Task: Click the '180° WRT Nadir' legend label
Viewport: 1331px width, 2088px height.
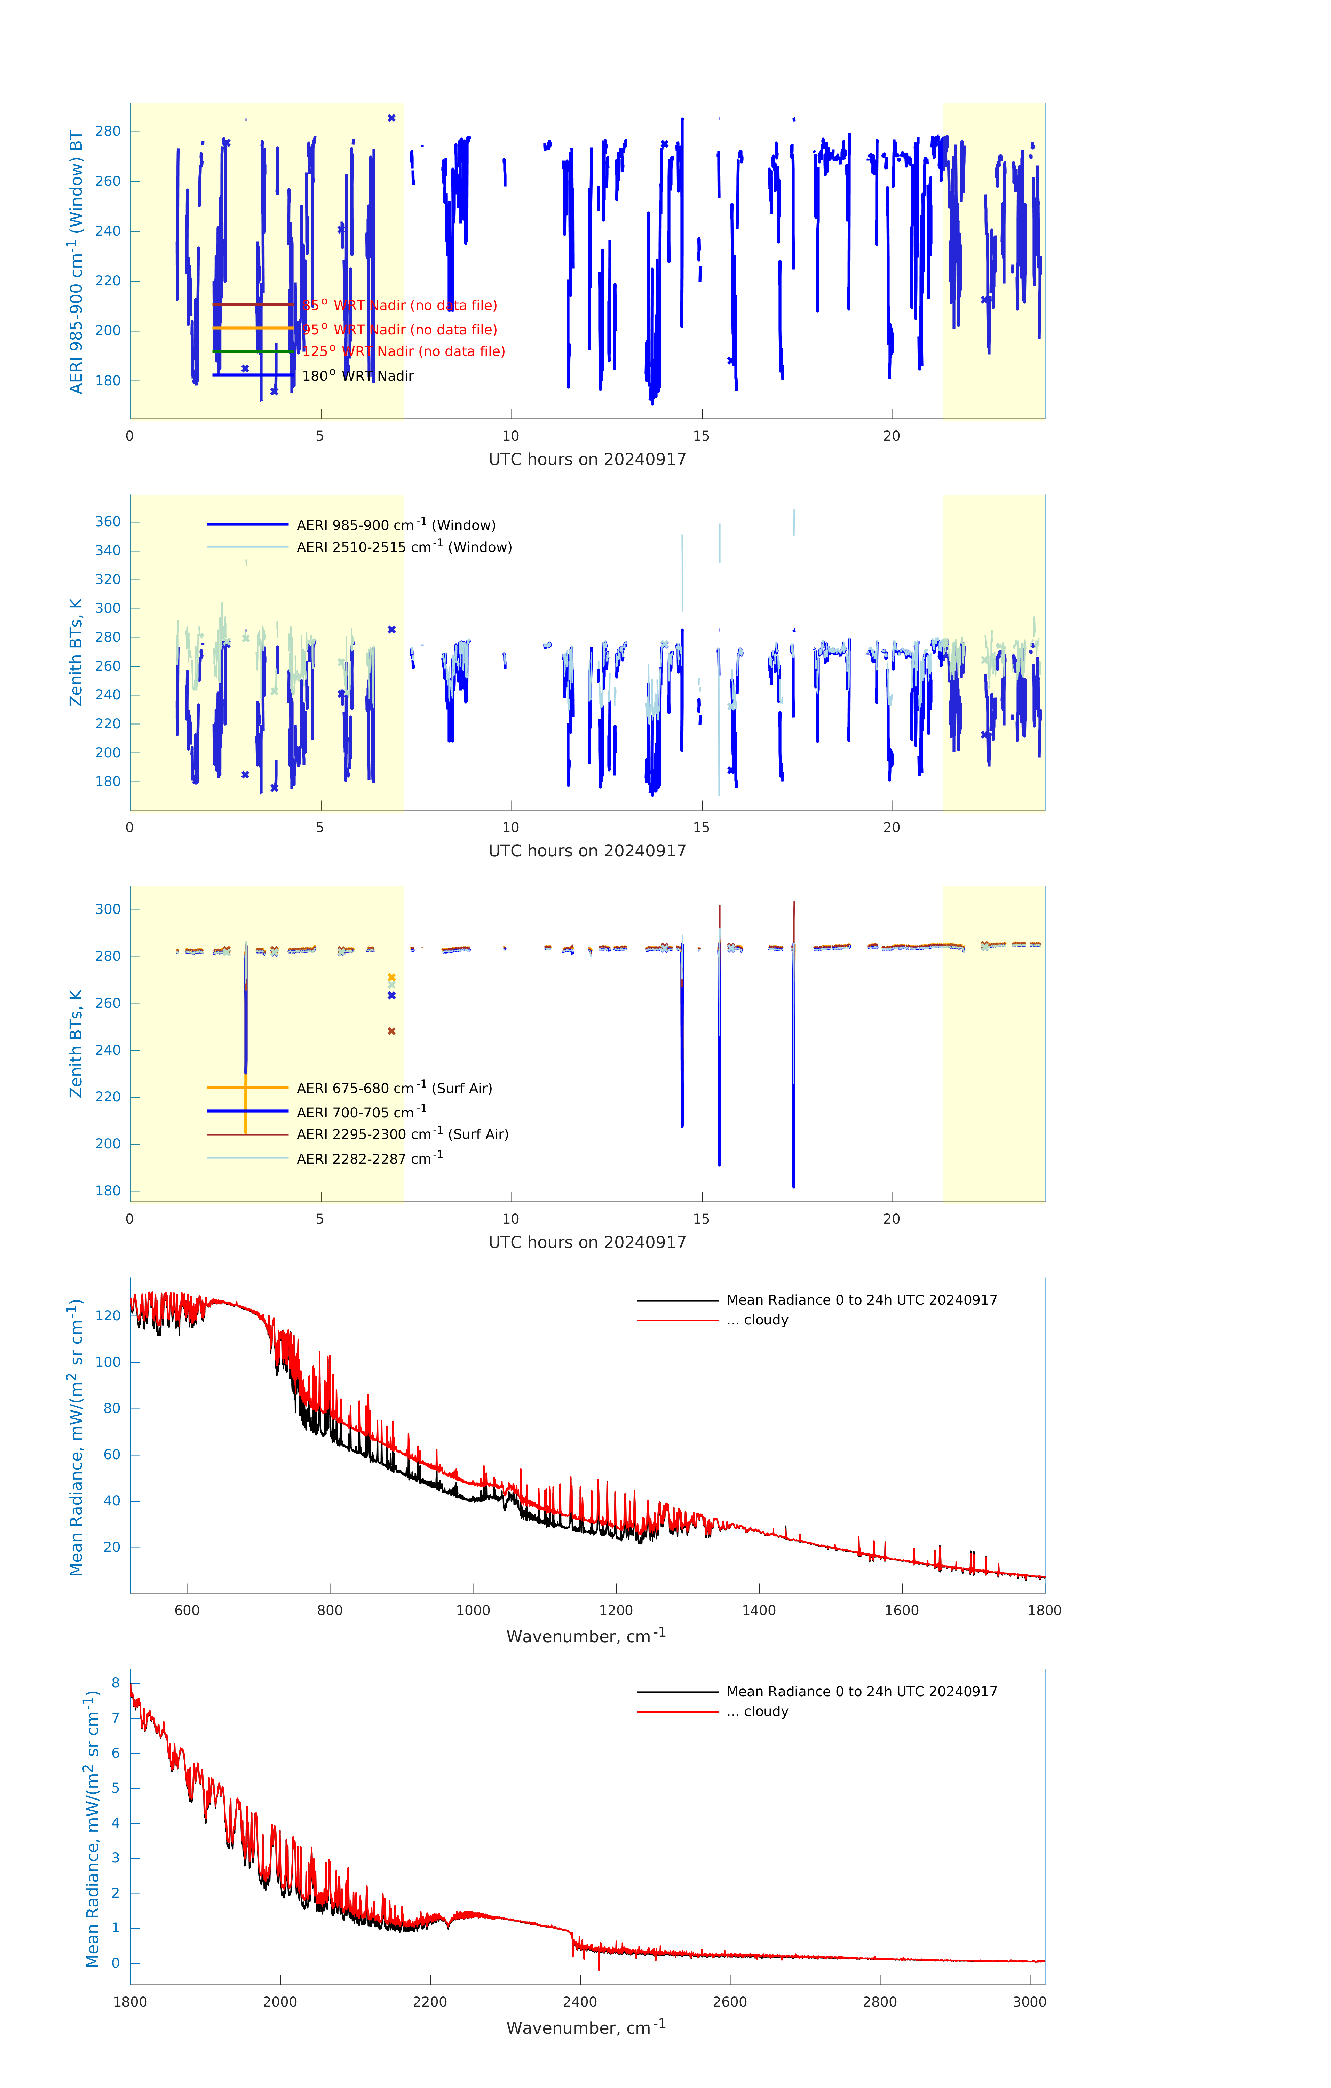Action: [x=357, y=376]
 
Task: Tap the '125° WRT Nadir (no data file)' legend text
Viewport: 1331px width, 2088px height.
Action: [x=403, y=351]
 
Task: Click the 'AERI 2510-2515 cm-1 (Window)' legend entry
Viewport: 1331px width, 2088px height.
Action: [x=404, y=547]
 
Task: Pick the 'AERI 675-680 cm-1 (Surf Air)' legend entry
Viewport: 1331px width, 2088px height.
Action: [x=394, y=1088]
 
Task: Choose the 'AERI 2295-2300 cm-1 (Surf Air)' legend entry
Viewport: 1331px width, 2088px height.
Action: [x=402, y=1134]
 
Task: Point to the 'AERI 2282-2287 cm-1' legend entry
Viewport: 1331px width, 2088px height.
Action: [x=370, y=1158]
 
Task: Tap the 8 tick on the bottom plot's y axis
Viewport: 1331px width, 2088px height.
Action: [x=115, y=1683]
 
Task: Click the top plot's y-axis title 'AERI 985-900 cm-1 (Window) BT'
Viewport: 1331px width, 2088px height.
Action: [x=76, y=262]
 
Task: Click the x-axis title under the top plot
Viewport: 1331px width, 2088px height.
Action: [x=587, y=460]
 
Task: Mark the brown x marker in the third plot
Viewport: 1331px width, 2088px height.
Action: [x=391, y=1031]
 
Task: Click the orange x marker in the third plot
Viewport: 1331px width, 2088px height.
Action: [x=391, y=977]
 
